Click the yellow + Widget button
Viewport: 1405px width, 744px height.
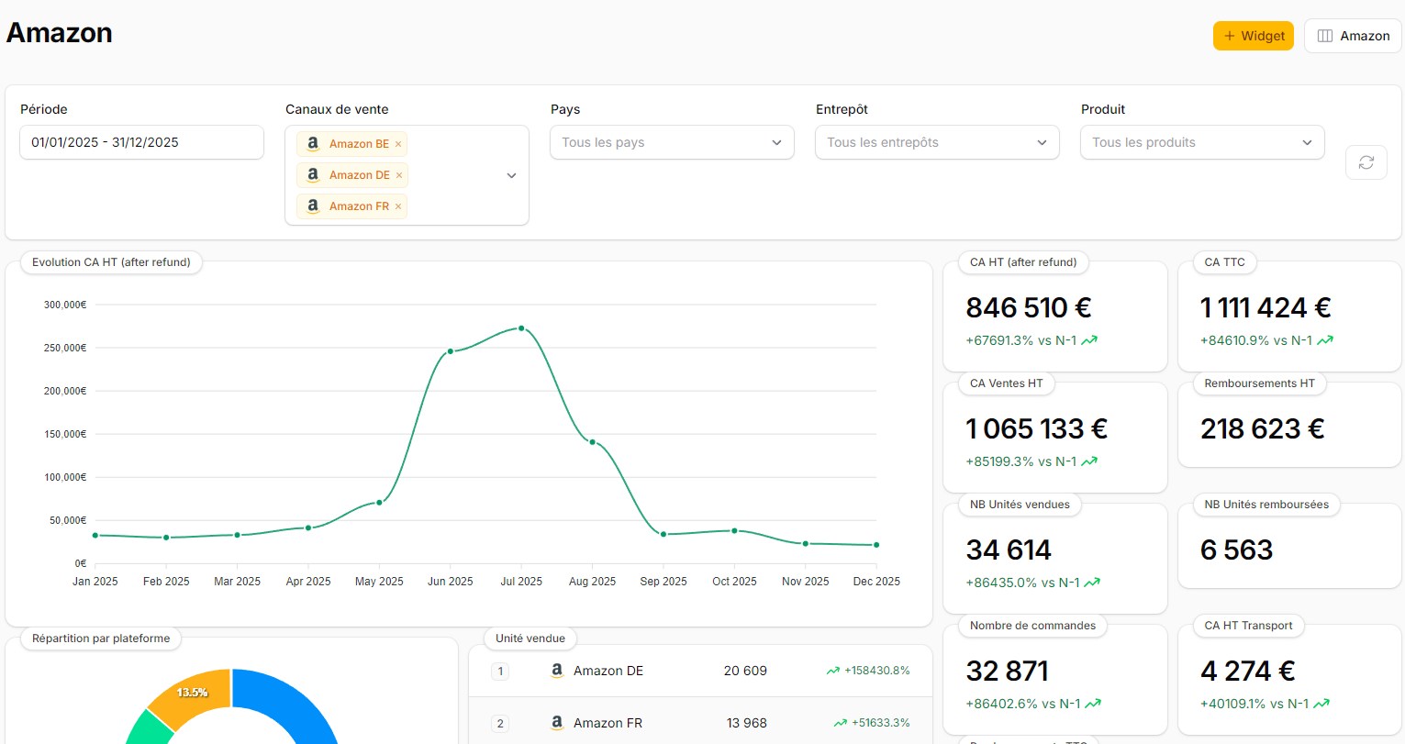click(x=1253, y=36)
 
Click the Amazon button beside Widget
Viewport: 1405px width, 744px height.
click(x=1353, y=36)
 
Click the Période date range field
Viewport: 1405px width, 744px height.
click(x=141, y=142)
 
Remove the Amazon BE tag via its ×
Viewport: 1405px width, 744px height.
click(x=398, y=144)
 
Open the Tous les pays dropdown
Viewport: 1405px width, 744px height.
click(x=672, y=142)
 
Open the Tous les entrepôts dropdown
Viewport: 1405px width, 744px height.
click(x=937, y=142)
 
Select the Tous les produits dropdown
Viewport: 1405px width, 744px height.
click(x=1202, y=142)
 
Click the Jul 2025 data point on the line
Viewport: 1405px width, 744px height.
click(x=521, y=328)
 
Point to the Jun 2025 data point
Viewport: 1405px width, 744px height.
click(x=450, y=351)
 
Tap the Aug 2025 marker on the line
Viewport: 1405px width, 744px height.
click(x=592, y=442)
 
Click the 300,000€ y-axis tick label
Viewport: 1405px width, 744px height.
click(x=65, y=305)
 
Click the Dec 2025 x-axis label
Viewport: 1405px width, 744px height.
click(x=875, y=582)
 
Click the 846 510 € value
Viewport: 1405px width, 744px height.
click(x=1028, y=307)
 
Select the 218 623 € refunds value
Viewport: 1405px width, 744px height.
click(x=1262, y=428)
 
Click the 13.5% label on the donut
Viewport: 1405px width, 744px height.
click(x=192, y=693)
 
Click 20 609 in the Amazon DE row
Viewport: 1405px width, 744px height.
click(x=744, y=671)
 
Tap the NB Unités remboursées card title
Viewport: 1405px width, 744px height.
click(x=1266, y=505)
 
